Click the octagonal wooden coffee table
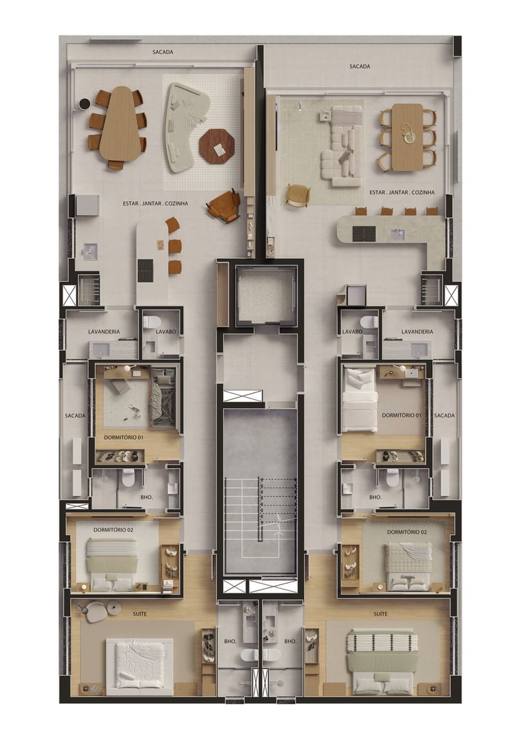pos(217,146)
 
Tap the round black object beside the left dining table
pos(84,104)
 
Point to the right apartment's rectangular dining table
pos(408,137)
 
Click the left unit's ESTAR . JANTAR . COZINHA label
pos(155,204)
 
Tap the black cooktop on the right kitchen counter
pos(364,234)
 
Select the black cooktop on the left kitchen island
pos(145,271)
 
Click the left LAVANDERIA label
pos(104,332)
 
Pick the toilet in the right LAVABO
pos(369,322)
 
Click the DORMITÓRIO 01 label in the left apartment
pos(124,438)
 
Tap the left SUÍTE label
pos(140,614)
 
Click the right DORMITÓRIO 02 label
pos(407,532)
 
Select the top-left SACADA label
pos(163,52)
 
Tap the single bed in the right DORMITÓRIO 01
pos(360,399)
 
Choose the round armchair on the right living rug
pos(297,195)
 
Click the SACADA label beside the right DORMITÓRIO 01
pos(445,415)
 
